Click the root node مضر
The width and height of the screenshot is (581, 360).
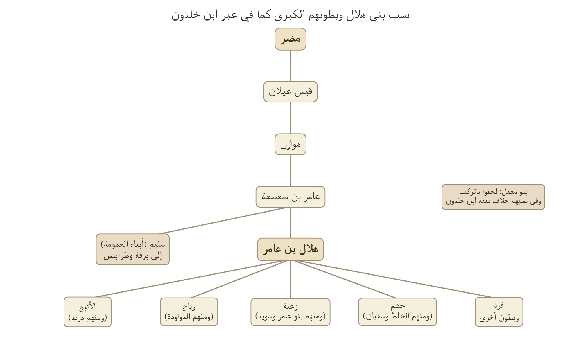tap(290, 39)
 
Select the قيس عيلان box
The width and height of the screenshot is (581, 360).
tap(290, 92)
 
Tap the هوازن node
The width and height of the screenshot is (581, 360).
tap(290, 144)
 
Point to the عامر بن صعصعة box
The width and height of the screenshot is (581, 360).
tap(290, 197)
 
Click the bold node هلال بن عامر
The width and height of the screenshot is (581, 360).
tap(290, 249)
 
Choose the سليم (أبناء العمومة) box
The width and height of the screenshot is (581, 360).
tap(133, 249)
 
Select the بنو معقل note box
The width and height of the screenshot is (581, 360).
tap(493, 197)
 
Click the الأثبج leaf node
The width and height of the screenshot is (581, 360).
tap(88, 312)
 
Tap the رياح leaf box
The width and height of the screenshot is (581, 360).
tap(189, 312)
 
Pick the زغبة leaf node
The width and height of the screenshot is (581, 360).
tap(290, 312)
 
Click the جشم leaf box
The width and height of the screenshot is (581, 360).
tap(398, 312)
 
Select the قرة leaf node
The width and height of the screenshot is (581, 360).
tap(499, 312)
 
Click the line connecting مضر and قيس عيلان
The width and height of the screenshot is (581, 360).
tap(290, 66)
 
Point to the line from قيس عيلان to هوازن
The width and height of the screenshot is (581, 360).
tap(290, 118)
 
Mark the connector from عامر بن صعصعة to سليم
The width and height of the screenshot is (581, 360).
tap(223, 221)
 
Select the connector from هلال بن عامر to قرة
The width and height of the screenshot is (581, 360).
tap(394, 279)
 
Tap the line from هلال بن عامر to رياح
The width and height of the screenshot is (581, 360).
tap(239, 279)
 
